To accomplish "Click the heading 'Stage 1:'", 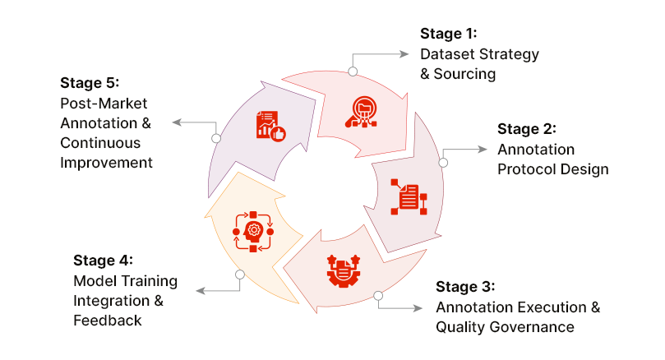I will coord(448,34).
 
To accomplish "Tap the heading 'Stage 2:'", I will coord(527,129).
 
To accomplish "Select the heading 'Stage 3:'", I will coord(465,287).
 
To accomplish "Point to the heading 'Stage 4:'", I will coord(103,261).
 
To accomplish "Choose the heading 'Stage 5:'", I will coord(90,83).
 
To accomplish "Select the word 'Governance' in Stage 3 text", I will coord(534,326).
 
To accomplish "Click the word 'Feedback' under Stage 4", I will coord(107,321).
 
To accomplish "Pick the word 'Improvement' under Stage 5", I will coord(106,162).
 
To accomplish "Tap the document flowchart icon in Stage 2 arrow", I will coord(409,197).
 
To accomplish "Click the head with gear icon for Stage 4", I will coord(254,232).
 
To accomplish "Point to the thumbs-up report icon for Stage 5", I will coord(270,126).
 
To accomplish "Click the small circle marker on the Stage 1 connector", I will coord(353,72).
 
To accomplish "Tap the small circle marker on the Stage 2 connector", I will coord(443,163).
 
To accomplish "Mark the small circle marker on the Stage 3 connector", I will coord(378,294).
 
